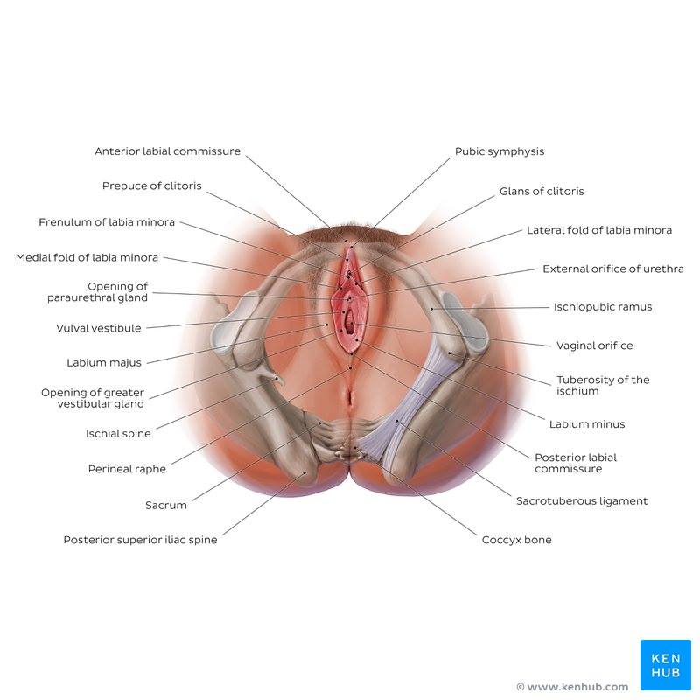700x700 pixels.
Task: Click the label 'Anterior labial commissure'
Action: [x=167, y=151]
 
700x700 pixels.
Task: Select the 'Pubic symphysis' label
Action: [x=500, y=151]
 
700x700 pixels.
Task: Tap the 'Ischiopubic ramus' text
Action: [x=603, y=307]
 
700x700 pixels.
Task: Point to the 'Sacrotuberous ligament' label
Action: [x=582, y=500]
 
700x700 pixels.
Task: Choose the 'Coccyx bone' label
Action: [x=516, y=540]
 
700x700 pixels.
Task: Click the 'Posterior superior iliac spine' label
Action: [x=140, y=540]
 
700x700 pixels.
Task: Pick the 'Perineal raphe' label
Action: [x=127, y=469]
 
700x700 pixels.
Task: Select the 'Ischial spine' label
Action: [x=118, y=433]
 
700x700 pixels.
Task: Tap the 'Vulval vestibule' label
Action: [x=99, y=328]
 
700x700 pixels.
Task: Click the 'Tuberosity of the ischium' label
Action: [x=603, y=385]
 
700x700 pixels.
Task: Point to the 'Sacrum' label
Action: [x=166, y=506]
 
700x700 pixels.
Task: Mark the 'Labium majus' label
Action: [x=104, y=363]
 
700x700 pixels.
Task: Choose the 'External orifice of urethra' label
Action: [x=613, y=269]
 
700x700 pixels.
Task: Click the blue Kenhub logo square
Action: [x=666, y=665]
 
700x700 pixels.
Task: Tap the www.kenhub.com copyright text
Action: [x=572, y=687]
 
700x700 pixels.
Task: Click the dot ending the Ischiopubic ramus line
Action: [x=431, y=309]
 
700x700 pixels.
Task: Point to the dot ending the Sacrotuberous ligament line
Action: [x=397, y=421]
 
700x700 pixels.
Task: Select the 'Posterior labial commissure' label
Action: [x=576, y=463]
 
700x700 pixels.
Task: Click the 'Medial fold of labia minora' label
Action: [x=87, y=257]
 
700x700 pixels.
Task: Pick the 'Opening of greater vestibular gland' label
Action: [x=93, y=398]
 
